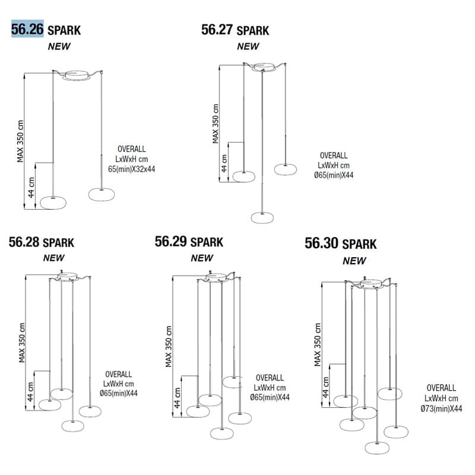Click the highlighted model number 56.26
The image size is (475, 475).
27,29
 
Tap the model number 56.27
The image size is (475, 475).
217,30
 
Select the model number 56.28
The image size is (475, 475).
24,242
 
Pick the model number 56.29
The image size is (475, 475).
170,242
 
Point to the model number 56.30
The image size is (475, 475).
321,243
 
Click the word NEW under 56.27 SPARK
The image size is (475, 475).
248,46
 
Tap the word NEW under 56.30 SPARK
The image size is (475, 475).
354,261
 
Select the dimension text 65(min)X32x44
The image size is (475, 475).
131,169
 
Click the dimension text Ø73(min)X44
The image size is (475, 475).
441,408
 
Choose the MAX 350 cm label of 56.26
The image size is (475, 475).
20,141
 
